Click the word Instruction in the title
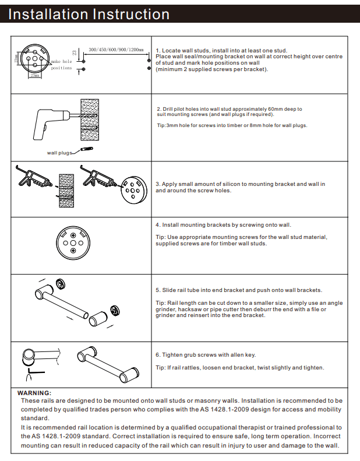click(130, 14)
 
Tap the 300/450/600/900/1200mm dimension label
click(116, 50)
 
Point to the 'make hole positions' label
click(61, 64)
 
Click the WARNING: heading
click(35, 393)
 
